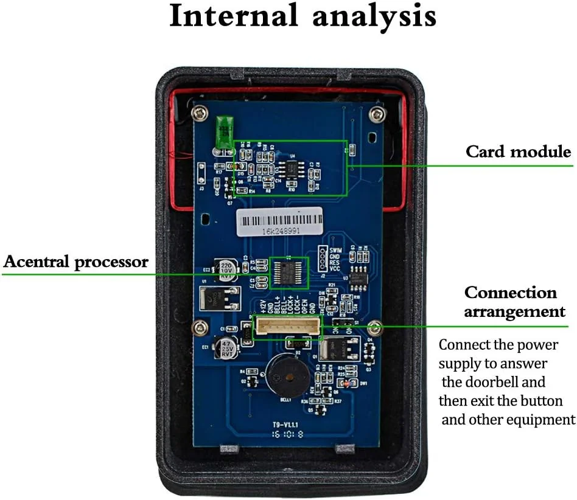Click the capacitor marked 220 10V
tap(227, 270)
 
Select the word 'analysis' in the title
tap(374, 16)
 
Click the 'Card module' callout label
tap(519, 151)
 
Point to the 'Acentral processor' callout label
tap(76, 263)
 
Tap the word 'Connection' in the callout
tap(510, 293)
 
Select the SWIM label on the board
tap(336, 250)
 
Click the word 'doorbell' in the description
tap(517, 383)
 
